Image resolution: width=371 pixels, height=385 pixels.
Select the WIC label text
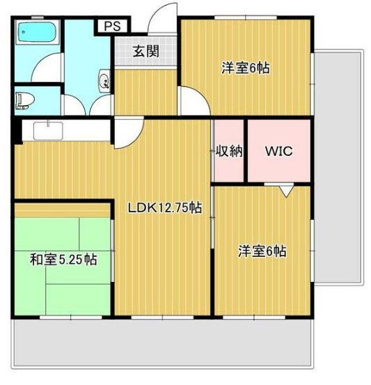click(278, 150)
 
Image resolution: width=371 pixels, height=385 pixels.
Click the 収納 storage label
click(228, 151)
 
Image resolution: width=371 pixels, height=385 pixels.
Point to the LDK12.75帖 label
click(164, 207)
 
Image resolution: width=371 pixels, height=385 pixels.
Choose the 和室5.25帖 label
click(63, 260)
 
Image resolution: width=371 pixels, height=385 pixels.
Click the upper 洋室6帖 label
click(246, 68)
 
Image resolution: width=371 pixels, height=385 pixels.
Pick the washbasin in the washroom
click(104, 80)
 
